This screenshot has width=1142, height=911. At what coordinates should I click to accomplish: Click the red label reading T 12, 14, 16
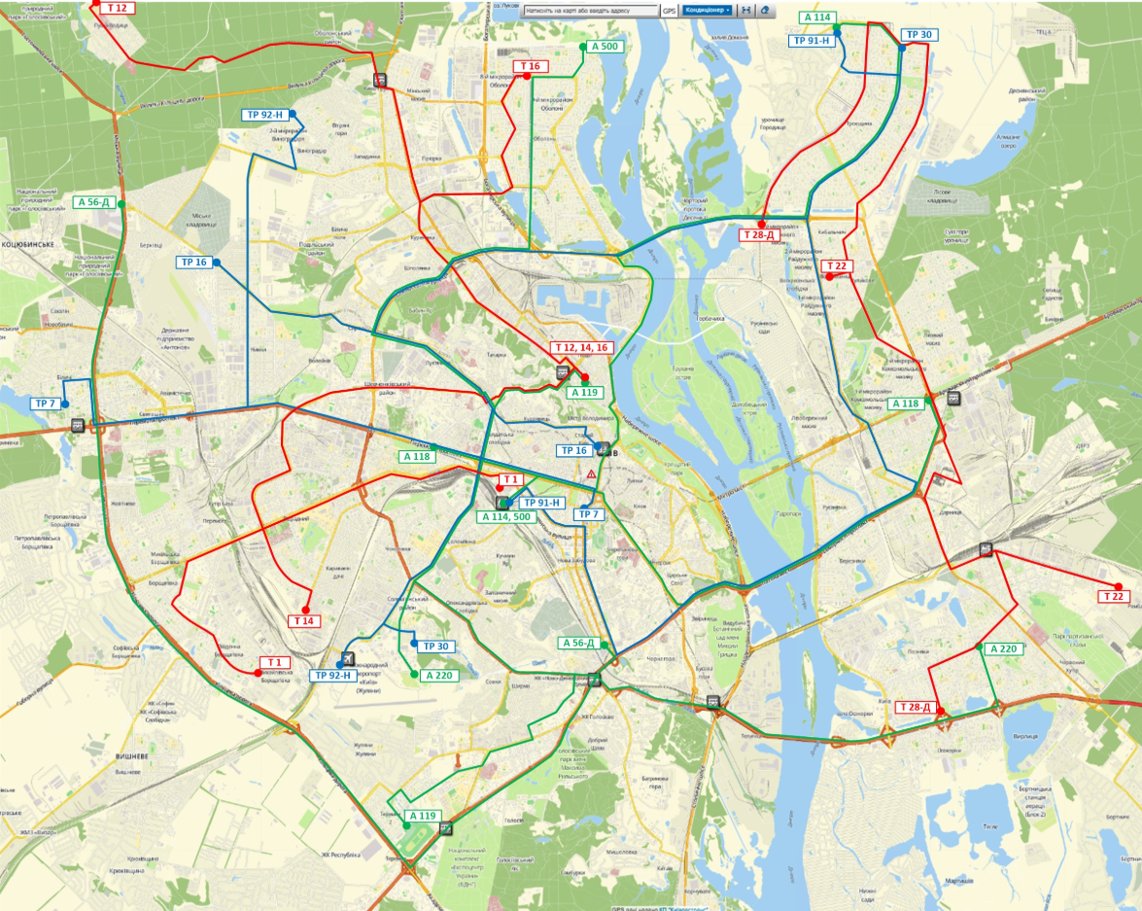[581, 348]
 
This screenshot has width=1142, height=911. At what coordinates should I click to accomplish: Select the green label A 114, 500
[505, 516]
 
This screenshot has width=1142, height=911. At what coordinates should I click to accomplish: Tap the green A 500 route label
[603, 46]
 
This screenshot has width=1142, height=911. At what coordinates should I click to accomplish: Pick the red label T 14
[304, 620]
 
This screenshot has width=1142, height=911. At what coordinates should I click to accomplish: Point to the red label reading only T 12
[116, 7]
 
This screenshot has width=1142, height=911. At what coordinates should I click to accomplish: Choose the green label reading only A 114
[816, 18]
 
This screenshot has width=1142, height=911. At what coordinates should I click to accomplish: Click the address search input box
[590, 10]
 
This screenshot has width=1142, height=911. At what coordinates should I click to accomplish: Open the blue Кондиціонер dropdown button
[707, 10]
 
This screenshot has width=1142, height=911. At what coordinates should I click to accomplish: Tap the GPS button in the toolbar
[669, 10]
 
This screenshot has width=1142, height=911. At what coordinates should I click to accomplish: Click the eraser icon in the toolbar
[766, 10]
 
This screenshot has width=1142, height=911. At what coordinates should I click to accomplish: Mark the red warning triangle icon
[590, 473]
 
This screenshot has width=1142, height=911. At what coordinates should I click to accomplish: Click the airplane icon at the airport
[349, 657]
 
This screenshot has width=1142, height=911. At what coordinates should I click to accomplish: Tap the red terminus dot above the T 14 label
[305, 610]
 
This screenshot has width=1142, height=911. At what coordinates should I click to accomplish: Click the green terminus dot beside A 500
[583, 46]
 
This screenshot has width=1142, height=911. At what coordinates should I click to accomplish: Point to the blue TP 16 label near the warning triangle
[573, 450]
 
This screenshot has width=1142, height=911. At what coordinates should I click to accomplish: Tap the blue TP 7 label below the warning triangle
[589, 513]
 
